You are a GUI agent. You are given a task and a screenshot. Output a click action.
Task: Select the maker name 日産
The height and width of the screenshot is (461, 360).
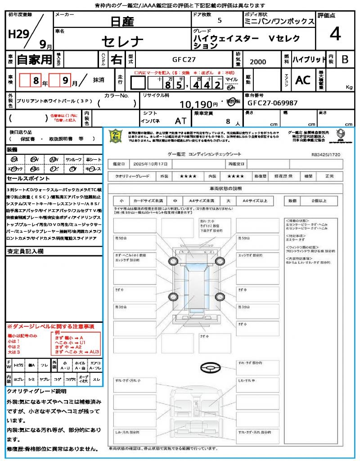[123, 21]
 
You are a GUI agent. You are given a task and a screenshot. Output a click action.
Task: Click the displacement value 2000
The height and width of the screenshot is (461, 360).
[258, 62]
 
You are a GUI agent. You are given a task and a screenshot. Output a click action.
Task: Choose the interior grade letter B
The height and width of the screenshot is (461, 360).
[345, 59]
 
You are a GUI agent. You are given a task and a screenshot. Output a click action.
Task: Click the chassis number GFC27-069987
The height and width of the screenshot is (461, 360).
[272, 103]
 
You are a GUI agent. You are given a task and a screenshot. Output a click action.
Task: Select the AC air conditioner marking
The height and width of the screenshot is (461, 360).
[303, 80]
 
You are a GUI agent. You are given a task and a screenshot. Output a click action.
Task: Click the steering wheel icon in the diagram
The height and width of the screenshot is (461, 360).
[210, 368]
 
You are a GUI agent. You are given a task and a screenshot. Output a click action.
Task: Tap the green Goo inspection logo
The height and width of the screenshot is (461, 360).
[116, 137]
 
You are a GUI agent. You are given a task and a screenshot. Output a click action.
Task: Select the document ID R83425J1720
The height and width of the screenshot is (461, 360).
[327, 154]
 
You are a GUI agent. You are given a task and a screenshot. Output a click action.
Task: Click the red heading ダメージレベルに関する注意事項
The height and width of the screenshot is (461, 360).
[50, 326]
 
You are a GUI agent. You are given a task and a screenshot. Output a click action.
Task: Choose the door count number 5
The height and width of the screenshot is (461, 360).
[219, 21]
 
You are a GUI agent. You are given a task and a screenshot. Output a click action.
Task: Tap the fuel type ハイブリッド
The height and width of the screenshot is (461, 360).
[309, 59]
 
